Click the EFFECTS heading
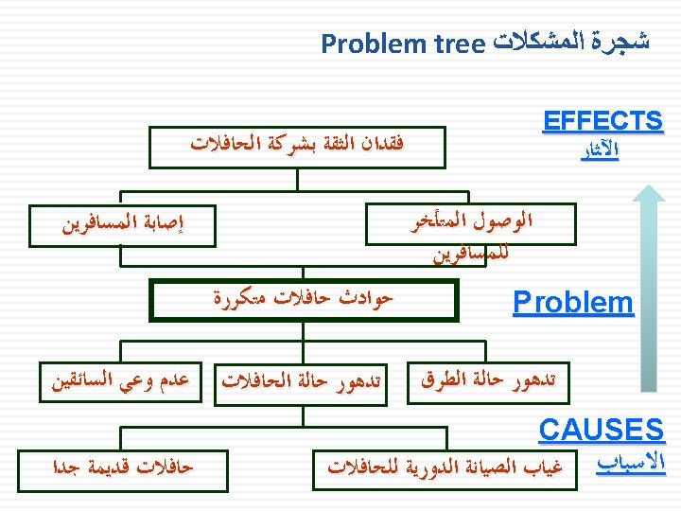pyautogui.click(x=602, y=121)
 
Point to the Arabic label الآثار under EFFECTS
pyautogui.click(x=599, y=151)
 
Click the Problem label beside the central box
pyautogui.click(x=572, y=303)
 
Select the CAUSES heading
pyautogui.click(x=601, y=431)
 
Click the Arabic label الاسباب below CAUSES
pyautogui.click(x=632, y=465)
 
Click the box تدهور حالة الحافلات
pyautogui.click(x=303, y=382)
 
